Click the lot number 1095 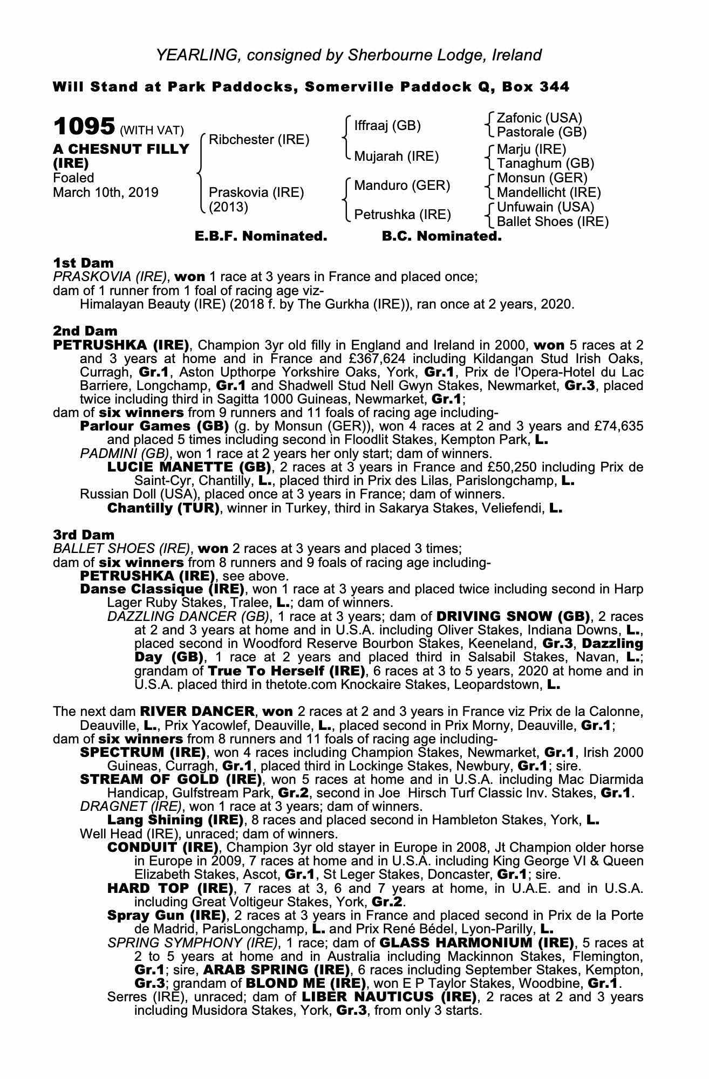point(84,127)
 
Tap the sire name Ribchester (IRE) point(259,140)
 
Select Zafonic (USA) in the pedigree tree point(539,118)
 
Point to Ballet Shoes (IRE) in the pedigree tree point(552,221)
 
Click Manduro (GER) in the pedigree point(402,186)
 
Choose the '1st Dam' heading point(83,263)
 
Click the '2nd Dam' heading point(85,331)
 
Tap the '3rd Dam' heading point(84,535)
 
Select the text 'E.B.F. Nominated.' point(261,236)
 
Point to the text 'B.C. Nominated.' point(441,236)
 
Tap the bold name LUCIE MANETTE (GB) point(189,467)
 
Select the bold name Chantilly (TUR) point(163,508)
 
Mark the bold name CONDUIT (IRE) point(163,847)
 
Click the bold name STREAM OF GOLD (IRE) point(171,779)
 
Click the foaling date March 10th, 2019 point(106,192)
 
